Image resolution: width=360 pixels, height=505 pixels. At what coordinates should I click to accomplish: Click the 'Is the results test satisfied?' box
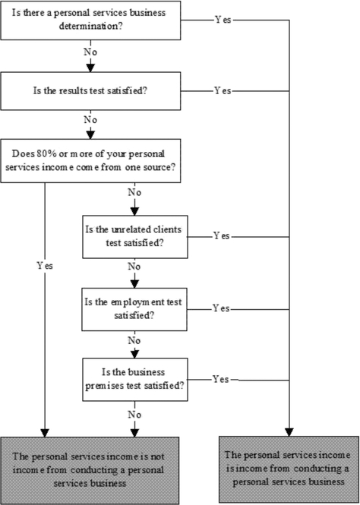[90, 91]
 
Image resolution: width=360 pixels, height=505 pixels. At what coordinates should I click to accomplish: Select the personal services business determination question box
[90, 21]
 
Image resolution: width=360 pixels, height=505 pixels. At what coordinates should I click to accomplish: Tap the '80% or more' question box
[90, 161]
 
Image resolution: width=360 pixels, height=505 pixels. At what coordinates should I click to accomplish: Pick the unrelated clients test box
[135, 237]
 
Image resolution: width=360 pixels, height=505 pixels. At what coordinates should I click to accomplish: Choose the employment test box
[134, 309]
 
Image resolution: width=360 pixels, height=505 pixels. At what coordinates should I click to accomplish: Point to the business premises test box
[135, 380]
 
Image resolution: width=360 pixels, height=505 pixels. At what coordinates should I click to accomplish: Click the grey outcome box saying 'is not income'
[90, 471]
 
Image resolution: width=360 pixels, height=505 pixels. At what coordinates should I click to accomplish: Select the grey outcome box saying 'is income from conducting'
[289, 469]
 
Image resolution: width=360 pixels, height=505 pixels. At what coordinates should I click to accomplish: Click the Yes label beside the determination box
[223, 20]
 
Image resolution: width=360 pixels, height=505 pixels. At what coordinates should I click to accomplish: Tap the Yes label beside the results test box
[223, 91]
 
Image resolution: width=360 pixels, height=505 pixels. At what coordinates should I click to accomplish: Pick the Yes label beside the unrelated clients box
[222, 236]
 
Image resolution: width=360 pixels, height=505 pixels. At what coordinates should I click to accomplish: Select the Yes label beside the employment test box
[221, 308]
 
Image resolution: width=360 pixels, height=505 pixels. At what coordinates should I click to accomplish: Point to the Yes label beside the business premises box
[221, 380]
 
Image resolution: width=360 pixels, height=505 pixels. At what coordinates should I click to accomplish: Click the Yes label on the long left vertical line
[45, 266]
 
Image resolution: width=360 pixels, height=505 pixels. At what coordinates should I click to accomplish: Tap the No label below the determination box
[90, 52]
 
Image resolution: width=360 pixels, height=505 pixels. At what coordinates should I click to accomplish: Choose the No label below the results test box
[90, 120]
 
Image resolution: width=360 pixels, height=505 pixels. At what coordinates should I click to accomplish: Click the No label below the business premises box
[134, 415]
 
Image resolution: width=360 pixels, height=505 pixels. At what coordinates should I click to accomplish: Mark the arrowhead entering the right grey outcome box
[289, 432]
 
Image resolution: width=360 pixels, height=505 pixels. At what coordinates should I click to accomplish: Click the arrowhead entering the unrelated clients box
[134, 212]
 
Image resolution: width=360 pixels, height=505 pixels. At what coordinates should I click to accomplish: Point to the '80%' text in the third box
[43, 153]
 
